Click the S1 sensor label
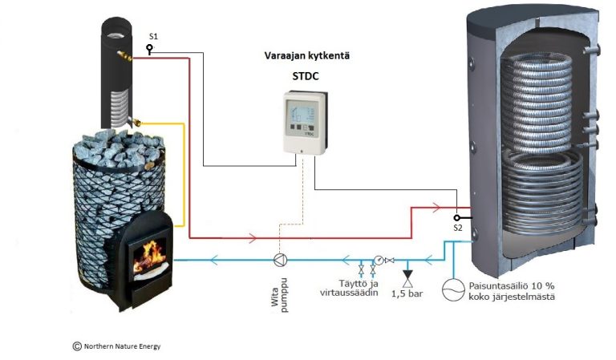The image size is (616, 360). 153,38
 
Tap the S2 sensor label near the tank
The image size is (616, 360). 458,229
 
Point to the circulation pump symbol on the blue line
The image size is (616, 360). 280,259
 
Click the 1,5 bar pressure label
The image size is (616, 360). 407,294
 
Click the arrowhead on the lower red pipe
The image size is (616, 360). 254,237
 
